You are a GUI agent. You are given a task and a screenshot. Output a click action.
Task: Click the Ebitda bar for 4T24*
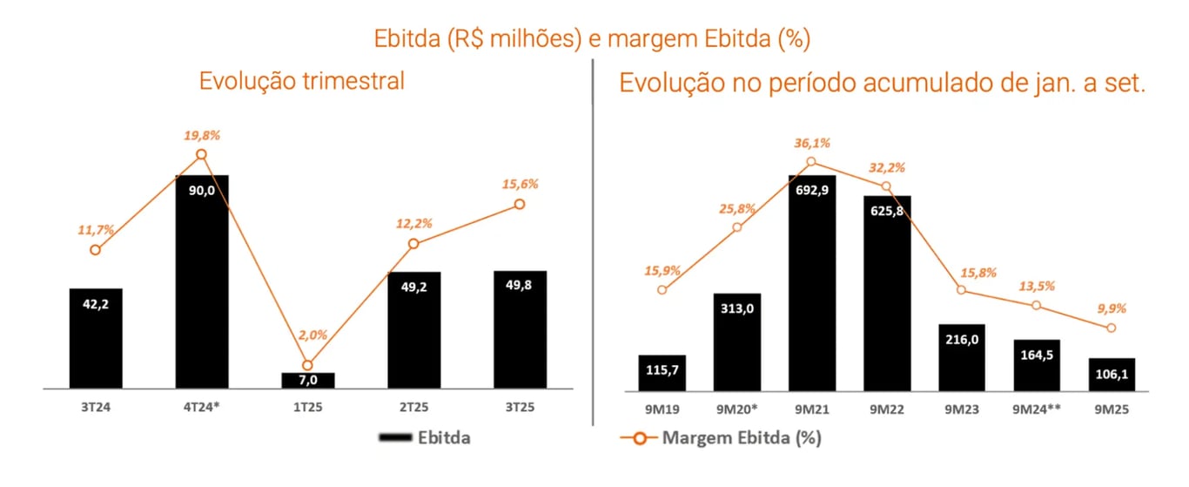tap(202, 281)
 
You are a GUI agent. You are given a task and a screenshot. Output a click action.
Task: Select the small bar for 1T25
tap(308, 380)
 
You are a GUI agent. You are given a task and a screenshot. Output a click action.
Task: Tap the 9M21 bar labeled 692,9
tap(812, 281)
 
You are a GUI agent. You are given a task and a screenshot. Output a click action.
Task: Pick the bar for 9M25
tap(1112, 373)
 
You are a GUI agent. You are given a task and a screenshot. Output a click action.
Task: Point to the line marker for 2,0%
tap(307, 365)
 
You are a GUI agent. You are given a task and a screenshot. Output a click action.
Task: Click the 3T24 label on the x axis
tap(96, 406)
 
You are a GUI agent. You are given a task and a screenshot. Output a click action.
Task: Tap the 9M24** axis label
tap(1037, 406)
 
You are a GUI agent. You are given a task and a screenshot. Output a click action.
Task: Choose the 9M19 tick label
tap(662, 406)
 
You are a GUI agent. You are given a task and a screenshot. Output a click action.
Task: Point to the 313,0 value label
tap(737, 307)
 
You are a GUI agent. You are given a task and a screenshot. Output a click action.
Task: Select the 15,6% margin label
tap(521, 184)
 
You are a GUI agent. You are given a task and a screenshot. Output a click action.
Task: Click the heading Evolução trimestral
tap(302, 81)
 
